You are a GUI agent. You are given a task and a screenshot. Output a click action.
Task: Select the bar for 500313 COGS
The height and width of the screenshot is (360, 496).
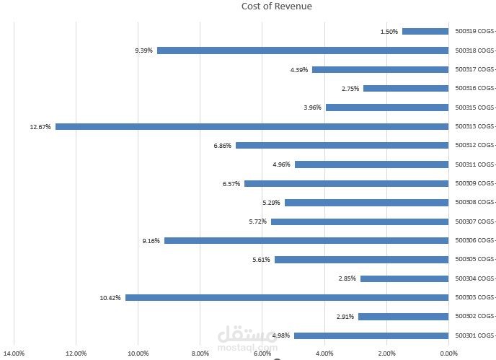tap(252, 126)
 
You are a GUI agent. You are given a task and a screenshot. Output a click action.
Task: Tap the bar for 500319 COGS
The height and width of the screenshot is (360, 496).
tap(425, 31)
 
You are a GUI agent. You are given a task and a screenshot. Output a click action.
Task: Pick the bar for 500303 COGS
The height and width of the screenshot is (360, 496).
tap(286, 297)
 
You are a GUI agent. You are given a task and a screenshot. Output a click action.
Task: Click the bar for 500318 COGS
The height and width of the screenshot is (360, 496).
tap(302, 51)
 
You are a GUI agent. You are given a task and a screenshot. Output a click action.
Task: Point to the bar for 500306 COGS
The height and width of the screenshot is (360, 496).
tap(306, 240)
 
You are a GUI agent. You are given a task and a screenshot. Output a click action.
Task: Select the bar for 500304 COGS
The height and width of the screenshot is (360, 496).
tap(404, 278)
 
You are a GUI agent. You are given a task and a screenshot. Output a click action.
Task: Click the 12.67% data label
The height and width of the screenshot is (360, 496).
tap(40, 127)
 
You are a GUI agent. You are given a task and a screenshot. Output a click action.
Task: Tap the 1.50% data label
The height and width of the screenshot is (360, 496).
tap(389, 32)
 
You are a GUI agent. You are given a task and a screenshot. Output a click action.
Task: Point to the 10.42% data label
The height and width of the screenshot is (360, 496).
tap(110, 297)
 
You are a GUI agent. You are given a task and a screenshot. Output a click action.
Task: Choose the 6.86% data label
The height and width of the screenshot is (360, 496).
tap(222, 146)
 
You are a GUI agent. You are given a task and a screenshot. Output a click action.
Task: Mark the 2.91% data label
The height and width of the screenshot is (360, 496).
tap(345, 317)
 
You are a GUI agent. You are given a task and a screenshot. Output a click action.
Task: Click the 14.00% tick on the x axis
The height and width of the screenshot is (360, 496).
tap(14, 354)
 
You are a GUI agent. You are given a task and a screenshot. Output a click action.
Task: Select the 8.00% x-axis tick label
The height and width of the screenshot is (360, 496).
tap(200, 354)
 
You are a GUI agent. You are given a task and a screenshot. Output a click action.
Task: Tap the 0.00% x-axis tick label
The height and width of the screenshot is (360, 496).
tap(448, 354)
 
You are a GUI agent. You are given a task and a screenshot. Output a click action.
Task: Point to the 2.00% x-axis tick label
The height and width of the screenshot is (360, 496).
tap(387, 354)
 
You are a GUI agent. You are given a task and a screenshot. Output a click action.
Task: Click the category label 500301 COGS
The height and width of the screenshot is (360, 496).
tap(474, 335)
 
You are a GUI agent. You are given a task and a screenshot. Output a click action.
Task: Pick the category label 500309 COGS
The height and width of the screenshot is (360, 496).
tap(474, 183)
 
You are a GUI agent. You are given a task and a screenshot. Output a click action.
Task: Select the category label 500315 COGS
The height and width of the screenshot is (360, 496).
tap(474, 107)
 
